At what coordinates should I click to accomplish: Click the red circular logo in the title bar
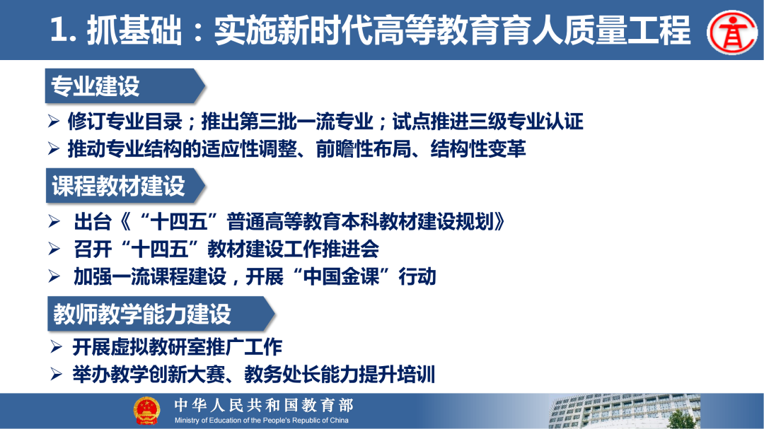point(731,31)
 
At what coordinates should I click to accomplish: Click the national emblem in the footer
point(146,411)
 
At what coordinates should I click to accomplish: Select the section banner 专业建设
point(95,86)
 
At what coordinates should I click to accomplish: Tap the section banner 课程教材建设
point(118,186)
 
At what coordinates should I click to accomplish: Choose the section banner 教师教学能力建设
point(141,314)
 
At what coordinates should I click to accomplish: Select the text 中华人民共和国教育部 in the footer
point(263,405)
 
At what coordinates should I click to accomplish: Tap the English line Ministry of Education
point(262,421)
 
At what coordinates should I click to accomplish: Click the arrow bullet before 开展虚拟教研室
point(57,347)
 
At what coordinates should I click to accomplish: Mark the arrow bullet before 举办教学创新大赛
point(57,374)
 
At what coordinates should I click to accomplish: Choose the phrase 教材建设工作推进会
point(294,249)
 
